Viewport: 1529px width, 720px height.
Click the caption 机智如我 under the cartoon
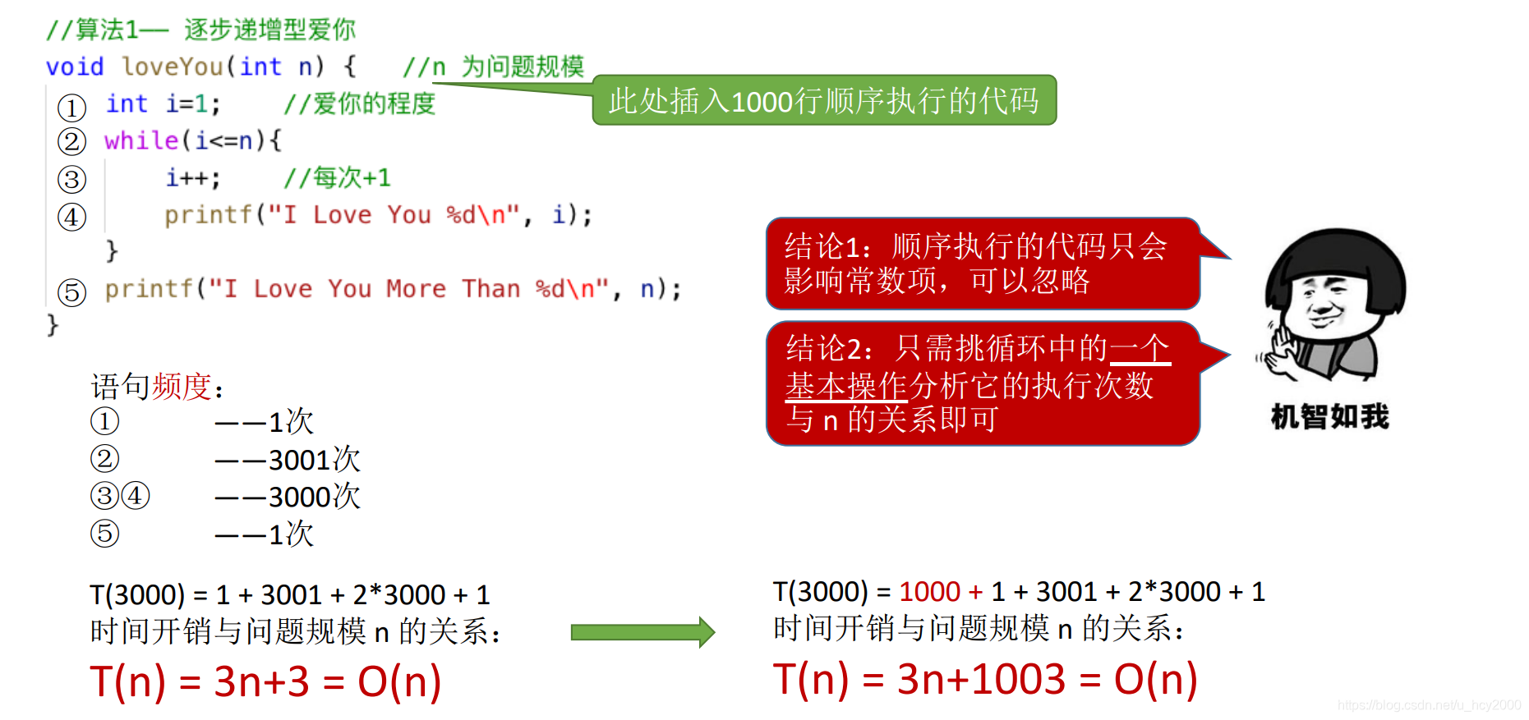click(x=1329, y=417)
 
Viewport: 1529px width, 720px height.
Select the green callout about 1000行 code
click(x=824, y=101)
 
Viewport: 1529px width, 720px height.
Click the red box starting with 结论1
click(x=982, y=264)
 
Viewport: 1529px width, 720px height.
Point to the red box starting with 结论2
click(x=982, y=383)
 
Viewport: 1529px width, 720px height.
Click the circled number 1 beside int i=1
click(x=72, y=107)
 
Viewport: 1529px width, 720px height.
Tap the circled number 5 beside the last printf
click(x=72, y=291)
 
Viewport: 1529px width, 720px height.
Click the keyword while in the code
click(x=141, y=140)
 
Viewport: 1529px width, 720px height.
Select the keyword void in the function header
click(x=75, y=66)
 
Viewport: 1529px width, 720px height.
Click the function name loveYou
click(x=173, y=66)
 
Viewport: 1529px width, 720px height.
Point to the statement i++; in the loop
click(x=193, y=177)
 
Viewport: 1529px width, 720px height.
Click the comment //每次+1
click(x=337, y=177)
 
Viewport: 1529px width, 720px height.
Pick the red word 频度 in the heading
click(x=182, y=387)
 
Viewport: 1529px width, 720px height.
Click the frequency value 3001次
click(x=314, y=460)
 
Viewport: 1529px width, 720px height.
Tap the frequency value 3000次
click(x=314, y=497)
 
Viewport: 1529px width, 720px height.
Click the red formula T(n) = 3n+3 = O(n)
click(x=265, y=681)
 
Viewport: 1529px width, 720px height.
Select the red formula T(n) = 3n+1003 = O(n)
click(x=984, y=680)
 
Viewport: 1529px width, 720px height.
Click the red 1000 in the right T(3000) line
click(x=929, y=591)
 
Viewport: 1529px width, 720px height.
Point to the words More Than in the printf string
click(x=454, y=289)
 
